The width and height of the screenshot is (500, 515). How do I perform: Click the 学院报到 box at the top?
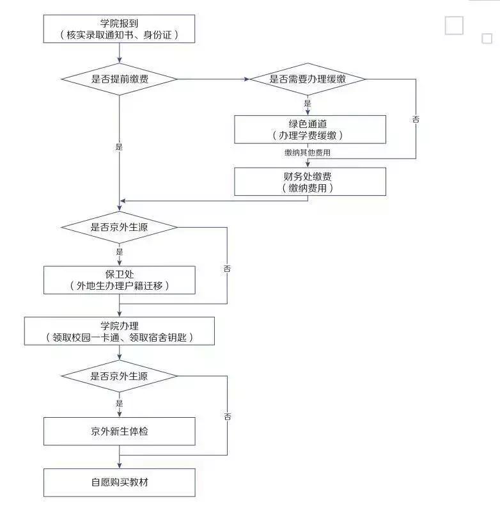(x=119, y=29)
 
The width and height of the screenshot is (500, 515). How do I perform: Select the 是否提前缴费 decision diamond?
(x=119, y=79)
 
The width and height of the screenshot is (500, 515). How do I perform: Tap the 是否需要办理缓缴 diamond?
(x=307, y=79)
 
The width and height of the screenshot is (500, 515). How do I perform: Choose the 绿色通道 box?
(x=310, y=129)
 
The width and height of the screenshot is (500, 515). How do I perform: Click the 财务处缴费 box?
(x=310, y=182)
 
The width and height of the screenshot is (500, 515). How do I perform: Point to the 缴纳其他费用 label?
(x=308, y=154)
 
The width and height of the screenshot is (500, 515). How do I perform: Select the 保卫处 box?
(x=119, y=280)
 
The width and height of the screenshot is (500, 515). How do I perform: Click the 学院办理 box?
(x=119, y=331)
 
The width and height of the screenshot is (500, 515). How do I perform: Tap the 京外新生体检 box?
(x=119, y=431)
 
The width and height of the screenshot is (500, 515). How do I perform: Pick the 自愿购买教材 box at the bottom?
(x=119, y=482)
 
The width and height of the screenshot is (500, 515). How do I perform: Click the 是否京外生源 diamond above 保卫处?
(x=119, y=228)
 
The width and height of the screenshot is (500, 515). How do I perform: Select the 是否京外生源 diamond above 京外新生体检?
(x=119, y=376)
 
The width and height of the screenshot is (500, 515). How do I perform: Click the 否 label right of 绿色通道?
(x=416, y=120)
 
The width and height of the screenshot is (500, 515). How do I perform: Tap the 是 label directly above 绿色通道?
(x=308, y=104)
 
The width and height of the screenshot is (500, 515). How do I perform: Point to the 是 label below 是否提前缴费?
(x=119, y=147)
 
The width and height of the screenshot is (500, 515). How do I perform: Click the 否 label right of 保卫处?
(x=227, y=269)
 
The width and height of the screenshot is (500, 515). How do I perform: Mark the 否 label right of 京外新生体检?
(x=227, y=416)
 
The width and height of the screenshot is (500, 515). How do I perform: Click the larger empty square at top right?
(x=454, y=26)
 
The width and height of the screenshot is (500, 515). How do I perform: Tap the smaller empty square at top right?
(x=487, y=38)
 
